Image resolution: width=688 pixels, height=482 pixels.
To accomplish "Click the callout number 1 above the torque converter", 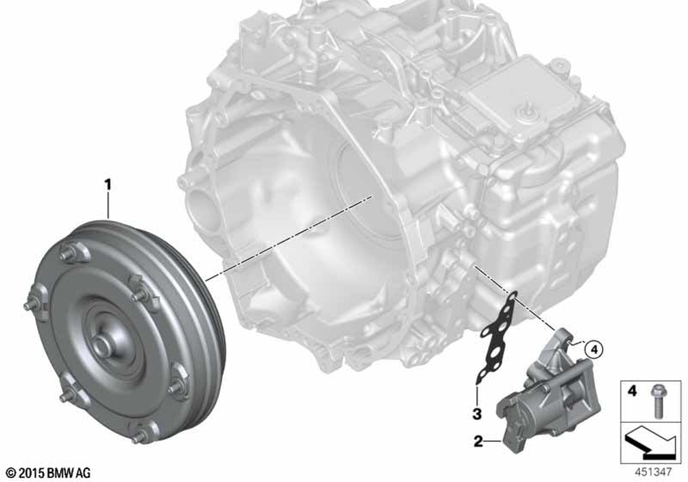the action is pyautogui.click(x=107, y=185).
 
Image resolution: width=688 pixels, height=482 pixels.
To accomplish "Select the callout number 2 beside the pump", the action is pyautogui.click(x=478, y=441).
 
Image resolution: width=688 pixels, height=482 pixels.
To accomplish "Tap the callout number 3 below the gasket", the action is pyautogui.click(x=477, y=414).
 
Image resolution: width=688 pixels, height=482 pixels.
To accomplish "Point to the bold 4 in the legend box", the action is pyautogui.click(x=632, y=390).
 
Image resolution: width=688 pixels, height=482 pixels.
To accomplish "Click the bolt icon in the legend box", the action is pyautogui.click(x=657, y=400).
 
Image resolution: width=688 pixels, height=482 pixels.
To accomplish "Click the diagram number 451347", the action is pyautogui.click(x=653, y=472).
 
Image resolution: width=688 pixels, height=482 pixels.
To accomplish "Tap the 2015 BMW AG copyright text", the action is pyautogui.click(x=48, y=473).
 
